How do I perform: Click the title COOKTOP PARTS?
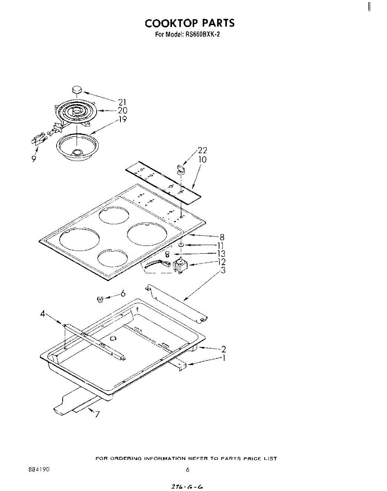coord(190,23)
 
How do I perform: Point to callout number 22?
coord(202,150)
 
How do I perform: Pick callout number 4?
coord(42,314)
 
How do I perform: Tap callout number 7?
coord(97,414)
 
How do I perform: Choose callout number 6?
coord(122,293)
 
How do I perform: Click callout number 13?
coord(222,254)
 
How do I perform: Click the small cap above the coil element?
coord(77,89)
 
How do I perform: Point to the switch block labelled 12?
coord(180,267)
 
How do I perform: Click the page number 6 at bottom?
coord(188,470)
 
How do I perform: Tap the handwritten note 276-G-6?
coord(187,487)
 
